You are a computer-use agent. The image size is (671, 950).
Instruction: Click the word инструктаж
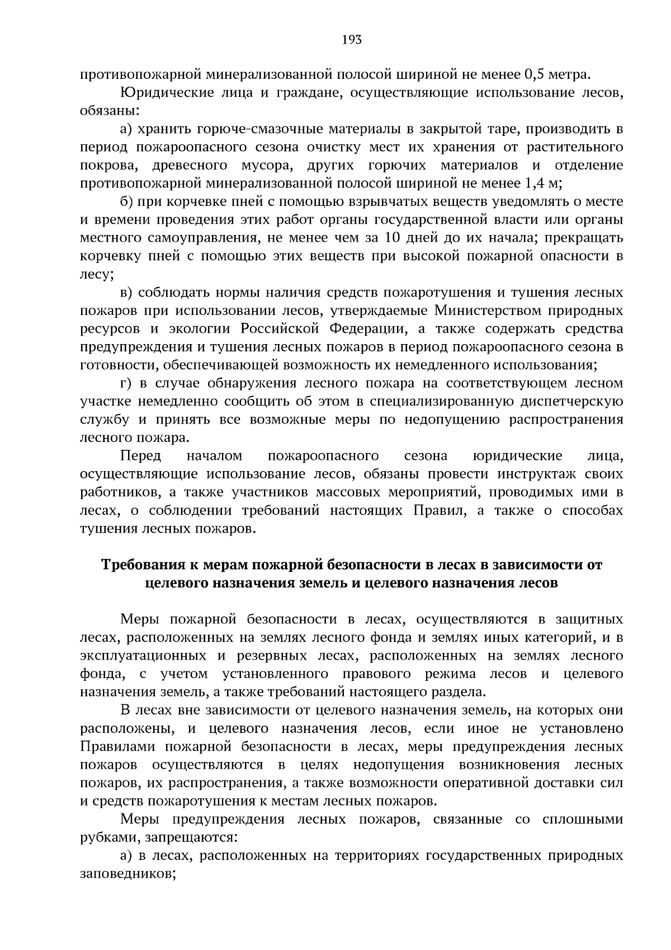(531, 474)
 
